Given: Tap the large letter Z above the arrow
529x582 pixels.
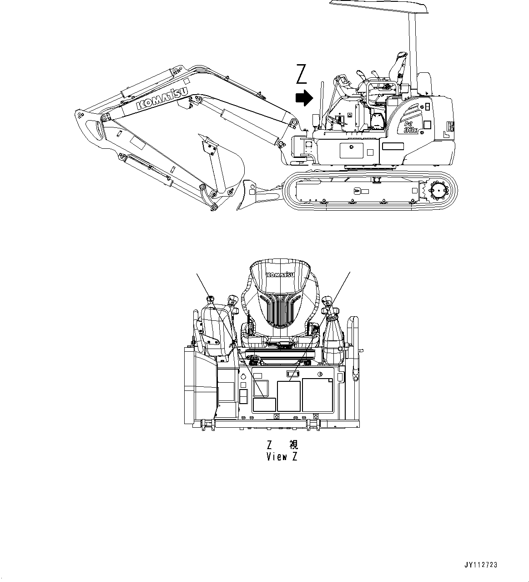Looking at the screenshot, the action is (301, 75).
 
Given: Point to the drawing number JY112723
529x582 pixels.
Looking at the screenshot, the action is (481, 565).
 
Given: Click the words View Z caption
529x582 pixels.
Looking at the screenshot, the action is (282, 457).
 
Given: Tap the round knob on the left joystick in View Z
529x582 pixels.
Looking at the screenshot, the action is (210, 299).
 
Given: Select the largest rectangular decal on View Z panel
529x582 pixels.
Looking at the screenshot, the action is (318, 395).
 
